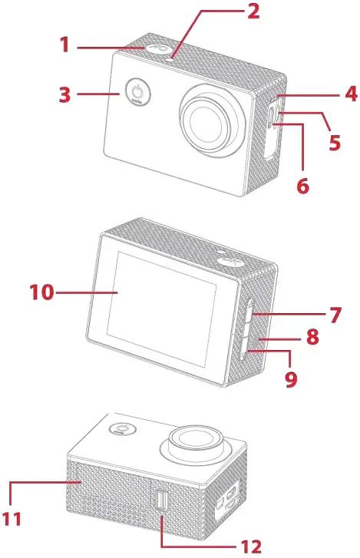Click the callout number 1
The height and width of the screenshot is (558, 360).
tap(64, 45)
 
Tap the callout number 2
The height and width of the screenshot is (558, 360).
tap(253, 11)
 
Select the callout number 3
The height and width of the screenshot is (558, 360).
tap(64, 94)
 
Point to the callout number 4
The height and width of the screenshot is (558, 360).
tap(351, 94)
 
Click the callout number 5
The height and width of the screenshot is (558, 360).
tap(335, 142)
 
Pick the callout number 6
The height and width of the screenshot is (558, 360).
tap(302, 186)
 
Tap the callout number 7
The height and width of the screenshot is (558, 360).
tap(335, 315)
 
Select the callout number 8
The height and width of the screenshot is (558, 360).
tap(312, 337)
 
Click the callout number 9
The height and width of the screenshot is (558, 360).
tap(291, 379)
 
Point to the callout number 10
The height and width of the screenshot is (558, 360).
tap(41, 292)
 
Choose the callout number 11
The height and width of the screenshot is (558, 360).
tap(12, 519)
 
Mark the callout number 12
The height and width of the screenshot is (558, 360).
tap(251, 546)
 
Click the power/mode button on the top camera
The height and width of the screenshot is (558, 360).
tap(137, 92)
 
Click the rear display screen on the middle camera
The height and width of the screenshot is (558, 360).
tap(161, 309)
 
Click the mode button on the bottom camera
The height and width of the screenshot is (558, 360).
tap(122, 429)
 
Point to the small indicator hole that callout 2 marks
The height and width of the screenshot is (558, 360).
tap(170, 59)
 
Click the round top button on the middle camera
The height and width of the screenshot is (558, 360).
tap(230, 262)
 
